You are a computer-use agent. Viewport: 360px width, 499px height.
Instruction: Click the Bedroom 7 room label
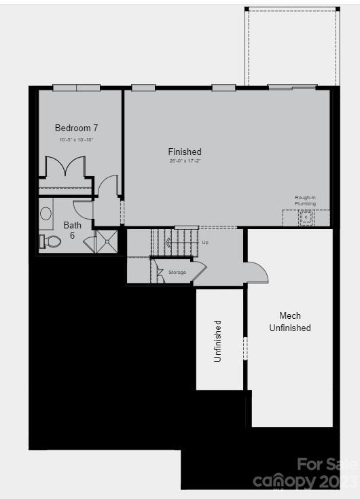point(76,128)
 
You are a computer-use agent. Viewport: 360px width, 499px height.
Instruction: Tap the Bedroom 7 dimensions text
point(76,139)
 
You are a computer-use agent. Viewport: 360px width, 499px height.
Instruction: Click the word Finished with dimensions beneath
point(185,152)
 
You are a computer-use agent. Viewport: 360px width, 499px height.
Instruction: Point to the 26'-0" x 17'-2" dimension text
point(185,161)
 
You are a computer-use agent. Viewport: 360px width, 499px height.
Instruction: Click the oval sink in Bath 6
point(46,213)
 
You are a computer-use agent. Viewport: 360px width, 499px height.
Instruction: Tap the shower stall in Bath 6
point(105,241)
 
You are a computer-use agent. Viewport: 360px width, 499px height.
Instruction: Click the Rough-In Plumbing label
point(305,201)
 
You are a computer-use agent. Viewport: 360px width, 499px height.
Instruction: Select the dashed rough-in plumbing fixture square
point(306,218)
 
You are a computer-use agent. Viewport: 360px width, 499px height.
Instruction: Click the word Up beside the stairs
point(205,242)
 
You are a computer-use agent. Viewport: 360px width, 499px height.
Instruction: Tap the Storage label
point(177,272)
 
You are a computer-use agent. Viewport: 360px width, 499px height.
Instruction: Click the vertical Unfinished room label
point(218,340)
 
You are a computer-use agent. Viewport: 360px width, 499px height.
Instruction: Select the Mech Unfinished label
point(290,322)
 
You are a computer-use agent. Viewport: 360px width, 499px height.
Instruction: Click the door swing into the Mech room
point(257,272)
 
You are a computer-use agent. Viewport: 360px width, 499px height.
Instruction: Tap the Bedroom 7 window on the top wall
point(77,88)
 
